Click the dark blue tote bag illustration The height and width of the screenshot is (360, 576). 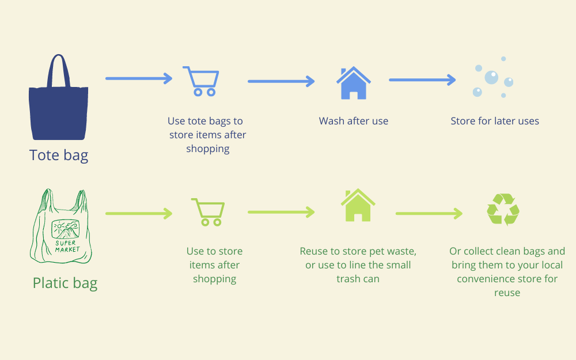pos(58,110)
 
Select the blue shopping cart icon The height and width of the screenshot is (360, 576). pos(201,81)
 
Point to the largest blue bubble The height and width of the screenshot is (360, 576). pos(491,78)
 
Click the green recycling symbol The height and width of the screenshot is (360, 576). pos(503,210)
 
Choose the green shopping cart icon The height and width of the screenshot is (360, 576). pos(208,212)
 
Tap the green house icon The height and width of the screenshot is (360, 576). pos(358,205)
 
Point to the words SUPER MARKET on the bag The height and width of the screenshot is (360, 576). pos(67,246)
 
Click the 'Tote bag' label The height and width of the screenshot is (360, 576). pos(59,155)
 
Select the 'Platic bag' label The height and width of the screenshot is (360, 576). pos(65,283)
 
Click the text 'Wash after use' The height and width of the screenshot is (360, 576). pos(354,121)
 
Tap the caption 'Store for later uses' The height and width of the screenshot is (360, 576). pos(495,121)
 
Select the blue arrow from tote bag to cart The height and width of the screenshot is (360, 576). pos(139,78)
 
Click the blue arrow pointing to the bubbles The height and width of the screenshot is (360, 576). pos(422,79)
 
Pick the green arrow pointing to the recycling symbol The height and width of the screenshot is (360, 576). pos(429,214)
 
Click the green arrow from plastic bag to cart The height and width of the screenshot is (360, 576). pos(139,214)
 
